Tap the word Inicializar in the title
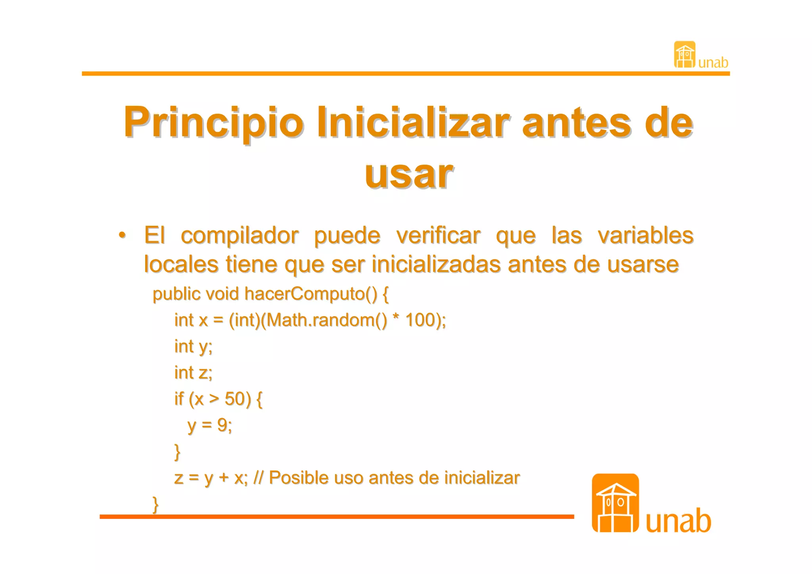413,122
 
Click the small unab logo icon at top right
684,55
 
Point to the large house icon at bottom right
615,503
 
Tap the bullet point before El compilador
123,235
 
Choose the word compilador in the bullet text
239,236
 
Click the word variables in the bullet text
645,235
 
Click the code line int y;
193,346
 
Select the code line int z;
193,372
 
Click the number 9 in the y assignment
222,425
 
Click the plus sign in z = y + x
224,478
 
